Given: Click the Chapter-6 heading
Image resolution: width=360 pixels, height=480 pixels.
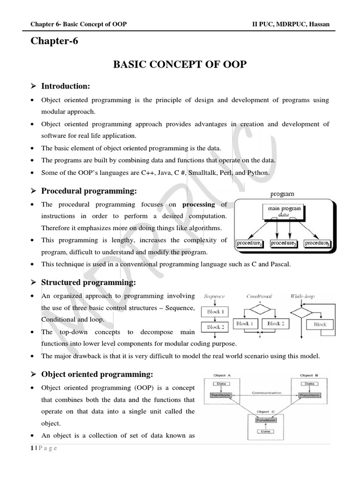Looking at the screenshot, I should [x=54, y=41].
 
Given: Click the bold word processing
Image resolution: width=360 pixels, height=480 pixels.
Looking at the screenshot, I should [x=198, y=204].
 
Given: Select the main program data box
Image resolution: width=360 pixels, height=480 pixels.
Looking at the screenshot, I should [x=284, y=211].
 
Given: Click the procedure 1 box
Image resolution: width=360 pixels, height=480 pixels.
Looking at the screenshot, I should [x=250, y=243].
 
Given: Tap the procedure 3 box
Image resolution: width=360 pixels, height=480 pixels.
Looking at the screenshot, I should [x=317, y=243].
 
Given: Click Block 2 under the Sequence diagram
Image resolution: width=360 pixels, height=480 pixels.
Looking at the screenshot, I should [x=216, y=327].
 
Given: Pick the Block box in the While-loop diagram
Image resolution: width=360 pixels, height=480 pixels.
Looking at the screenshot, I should [x=320, y=324].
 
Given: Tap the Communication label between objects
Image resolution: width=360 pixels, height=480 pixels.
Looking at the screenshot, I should [x=266, y=392].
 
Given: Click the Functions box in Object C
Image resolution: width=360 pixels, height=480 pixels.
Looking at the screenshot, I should [x=265, y=420].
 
